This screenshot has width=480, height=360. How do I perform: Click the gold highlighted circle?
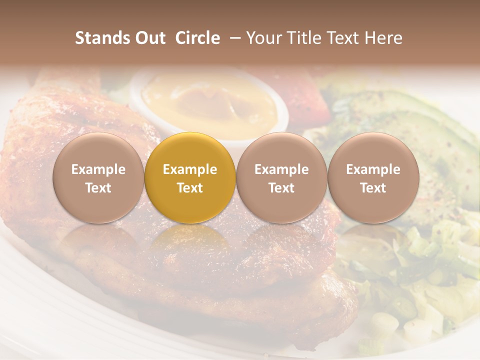[190, 177]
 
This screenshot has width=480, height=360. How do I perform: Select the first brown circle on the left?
[98, 177]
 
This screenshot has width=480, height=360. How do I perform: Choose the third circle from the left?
[281, 177]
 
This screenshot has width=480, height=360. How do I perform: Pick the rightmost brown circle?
[373, 177]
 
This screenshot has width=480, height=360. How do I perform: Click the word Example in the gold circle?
[190, 169]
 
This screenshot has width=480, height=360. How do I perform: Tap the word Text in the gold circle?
[190, 188]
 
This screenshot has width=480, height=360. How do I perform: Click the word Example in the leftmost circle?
[98, 169]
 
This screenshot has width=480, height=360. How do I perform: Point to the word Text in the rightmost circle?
[373, 188]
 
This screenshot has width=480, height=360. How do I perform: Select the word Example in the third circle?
[281, 169]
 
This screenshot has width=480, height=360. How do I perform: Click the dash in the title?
[233, 38]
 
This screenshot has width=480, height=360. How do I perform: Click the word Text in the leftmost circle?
[98, 188]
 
